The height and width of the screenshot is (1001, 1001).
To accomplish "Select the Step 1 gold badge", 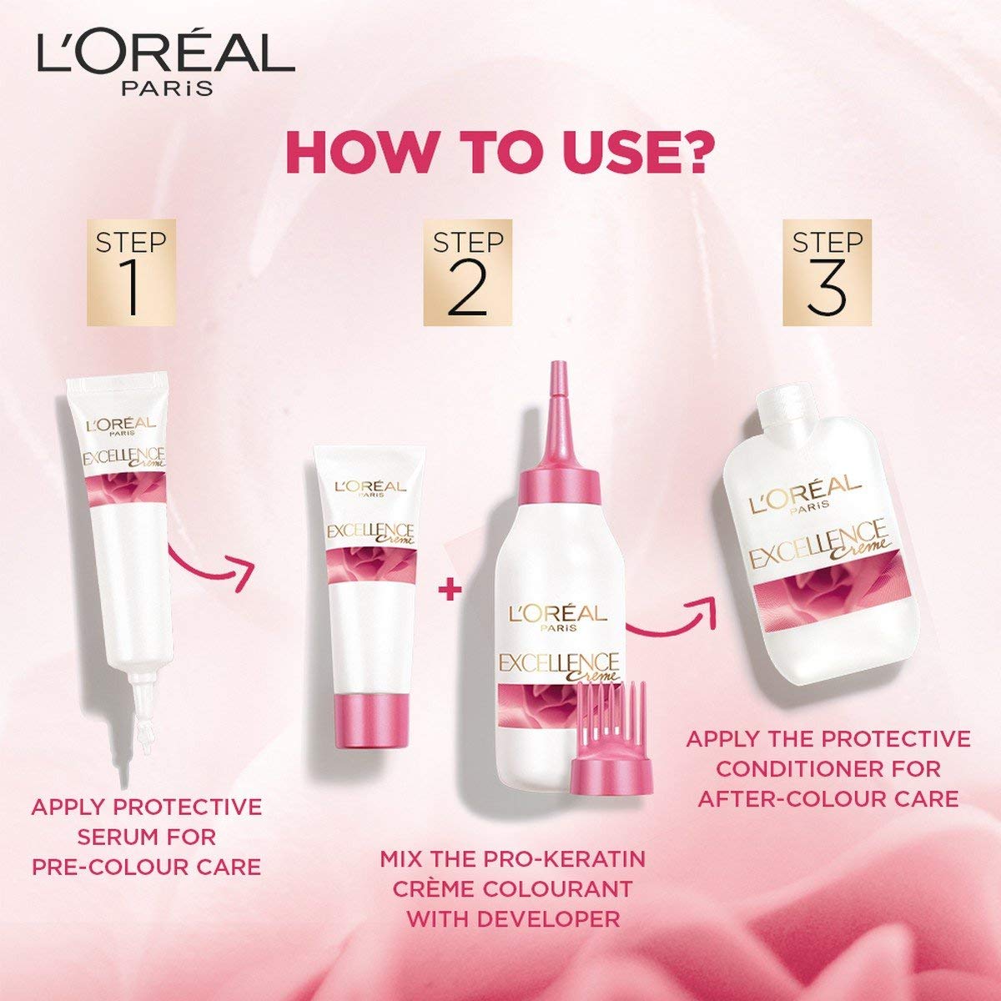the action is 132,272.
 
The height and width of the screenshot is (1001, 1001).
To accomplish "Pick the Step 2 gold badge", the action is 467,272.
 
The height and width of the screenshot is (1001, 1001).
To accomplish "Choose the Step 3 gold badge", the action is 827,272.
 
